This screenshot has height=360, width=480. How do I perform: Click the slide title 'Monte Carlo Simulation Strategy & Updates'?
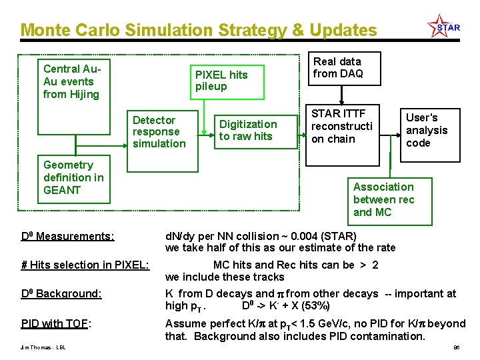tap(198, 30)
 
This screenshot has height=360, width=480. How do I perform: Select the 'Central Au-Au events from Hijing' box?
tap(71, 81)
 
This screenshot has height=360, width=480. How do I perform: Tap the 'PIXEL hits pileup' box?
tap(220, 81)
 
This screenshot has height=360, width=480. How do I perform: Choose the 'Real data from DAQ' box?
tap(338, 68)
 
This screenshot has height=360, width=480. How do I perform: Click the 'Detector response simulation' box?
tap(159, 132)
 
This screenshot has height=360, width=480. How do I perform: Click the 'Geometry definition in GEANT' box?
tap(73, 177)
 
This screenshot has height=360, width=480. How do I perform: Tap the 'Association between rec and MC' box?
tap(383, 199)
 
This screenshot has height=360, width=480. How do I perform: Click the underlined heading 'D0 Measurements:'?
tap(67, 236)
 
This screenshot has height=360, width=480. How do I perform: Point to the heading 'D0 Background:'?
tap(61, 294)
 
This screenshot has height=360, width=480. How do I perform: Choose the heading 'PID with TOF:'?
tap(56, 324)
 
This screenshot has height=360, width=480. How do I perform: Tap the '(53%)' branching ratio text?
tap(314, 306)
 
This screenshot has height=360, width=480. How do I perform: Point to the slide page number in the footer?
tap(457, 348)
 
